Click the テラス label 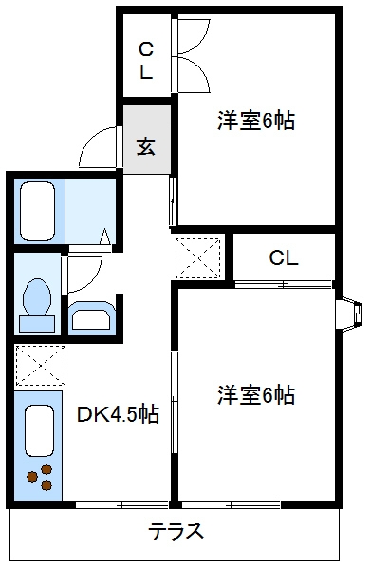[176, 531]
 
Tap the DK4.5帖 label [118, 415]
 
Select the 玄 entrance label [146, 146]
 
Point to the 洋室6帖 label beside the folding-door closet [254, 121]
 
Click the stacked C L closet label [146, 59]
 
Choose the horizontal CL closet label [283, 256]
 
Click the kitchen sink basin [39, 430]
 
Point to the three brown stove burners [40, 479]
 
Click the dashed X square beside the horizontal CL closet [199, 256]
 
